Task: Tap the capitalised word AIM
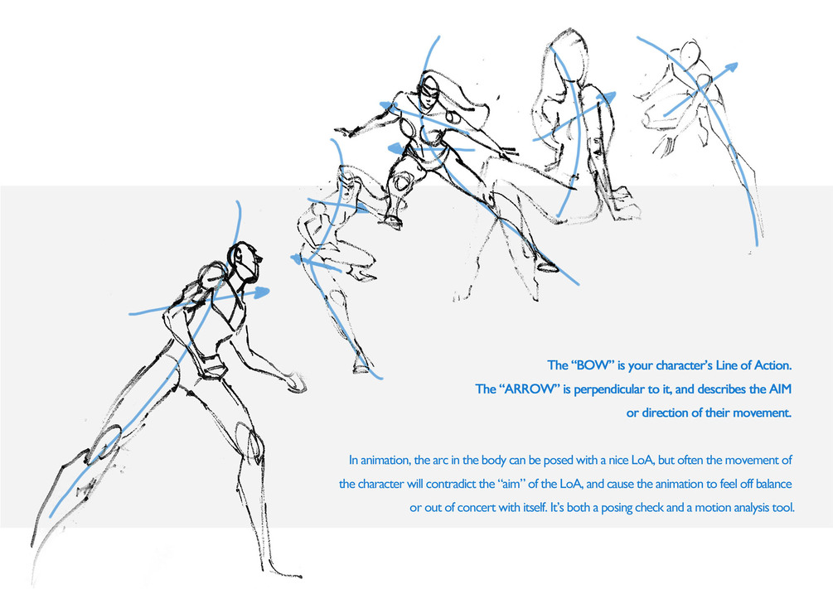pyautogui.click(x=780, y=389)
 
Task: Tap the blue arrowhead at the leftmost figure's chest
pyautogui.click(x=260, y=292)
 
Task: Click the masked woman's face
pyautogui.click(x=429, y=94)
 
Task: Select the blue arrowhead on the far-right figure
pyautogui.click(x=731, y=67)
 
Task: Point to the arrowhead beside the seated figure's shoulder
pyautogui.click(x=608, y=98)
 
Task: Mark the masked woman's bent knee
pyautogui.click(x=402, y=184)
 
